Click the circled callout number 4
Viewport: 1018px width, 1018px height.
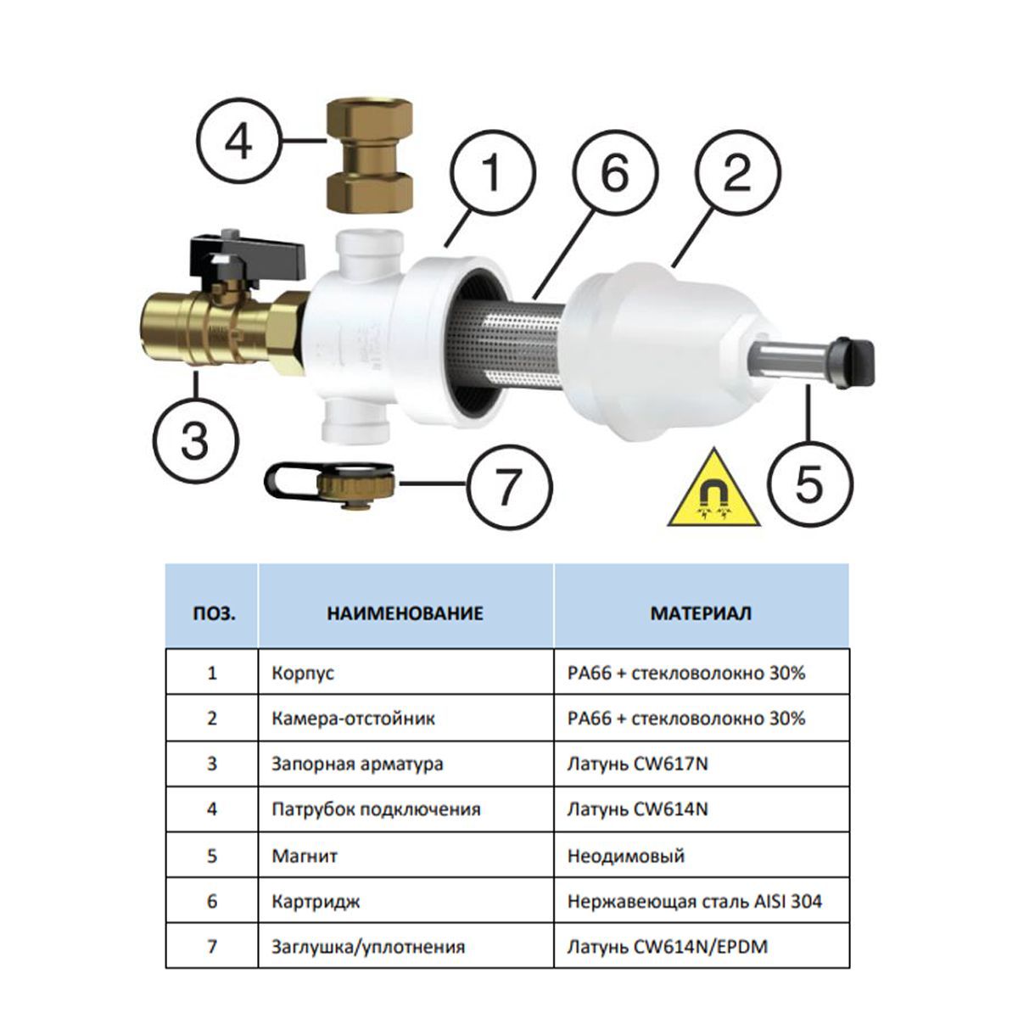[239, 141]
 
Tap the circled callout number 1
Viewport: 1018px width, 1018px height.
[492, 173]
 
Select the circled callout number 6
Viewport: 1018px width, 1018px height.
[615, 173]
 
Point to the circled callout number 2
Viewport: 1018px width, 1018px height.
[737, 173]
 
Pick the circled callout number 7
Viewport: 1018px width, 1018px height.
[509, 486]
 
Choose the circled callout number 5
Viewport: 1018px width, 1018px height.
[810, 484]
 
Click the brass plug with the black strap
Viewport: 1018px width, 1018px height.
[330, 484]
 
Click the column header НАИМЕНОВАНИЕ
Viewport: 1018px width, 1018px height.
[406, 612]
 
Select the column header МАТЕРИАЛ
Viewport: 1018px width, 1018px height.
[701, 612]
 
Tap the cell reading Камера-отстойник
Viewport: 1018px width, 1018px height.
[354, 718]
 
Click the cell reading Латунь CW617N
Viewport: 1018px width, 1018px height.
[637, 763]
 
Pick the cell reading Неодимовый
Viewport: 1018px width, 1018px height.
[626, 855]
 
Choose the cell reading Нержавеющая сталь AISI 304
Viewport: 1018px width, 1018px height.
[695, 901]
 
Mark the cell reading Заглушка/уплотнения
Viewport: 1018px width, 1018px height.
[368, 946]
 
